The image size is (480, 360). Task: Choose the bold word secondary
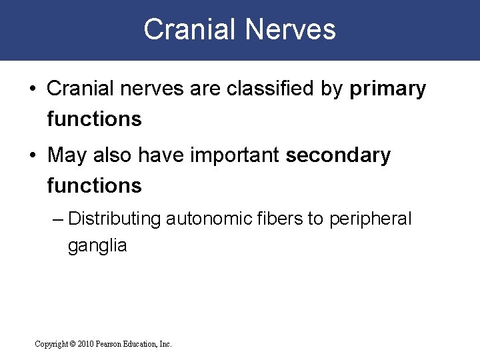(x=338, y=156)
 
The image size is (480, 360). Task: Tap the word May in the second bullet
(x=65, y=156)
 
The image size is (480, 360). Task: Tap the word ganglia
(x=97, y=245)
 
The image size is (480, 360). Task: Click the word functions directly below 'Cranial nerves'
(x=94, y=119)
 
